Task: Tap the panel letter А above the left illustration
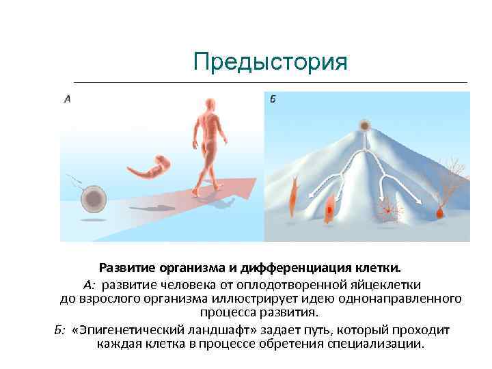tap(67, 99)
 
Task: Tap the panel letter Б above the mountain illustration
tap(272, 99)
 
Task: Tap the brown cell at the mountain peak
tap(365, 126)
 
